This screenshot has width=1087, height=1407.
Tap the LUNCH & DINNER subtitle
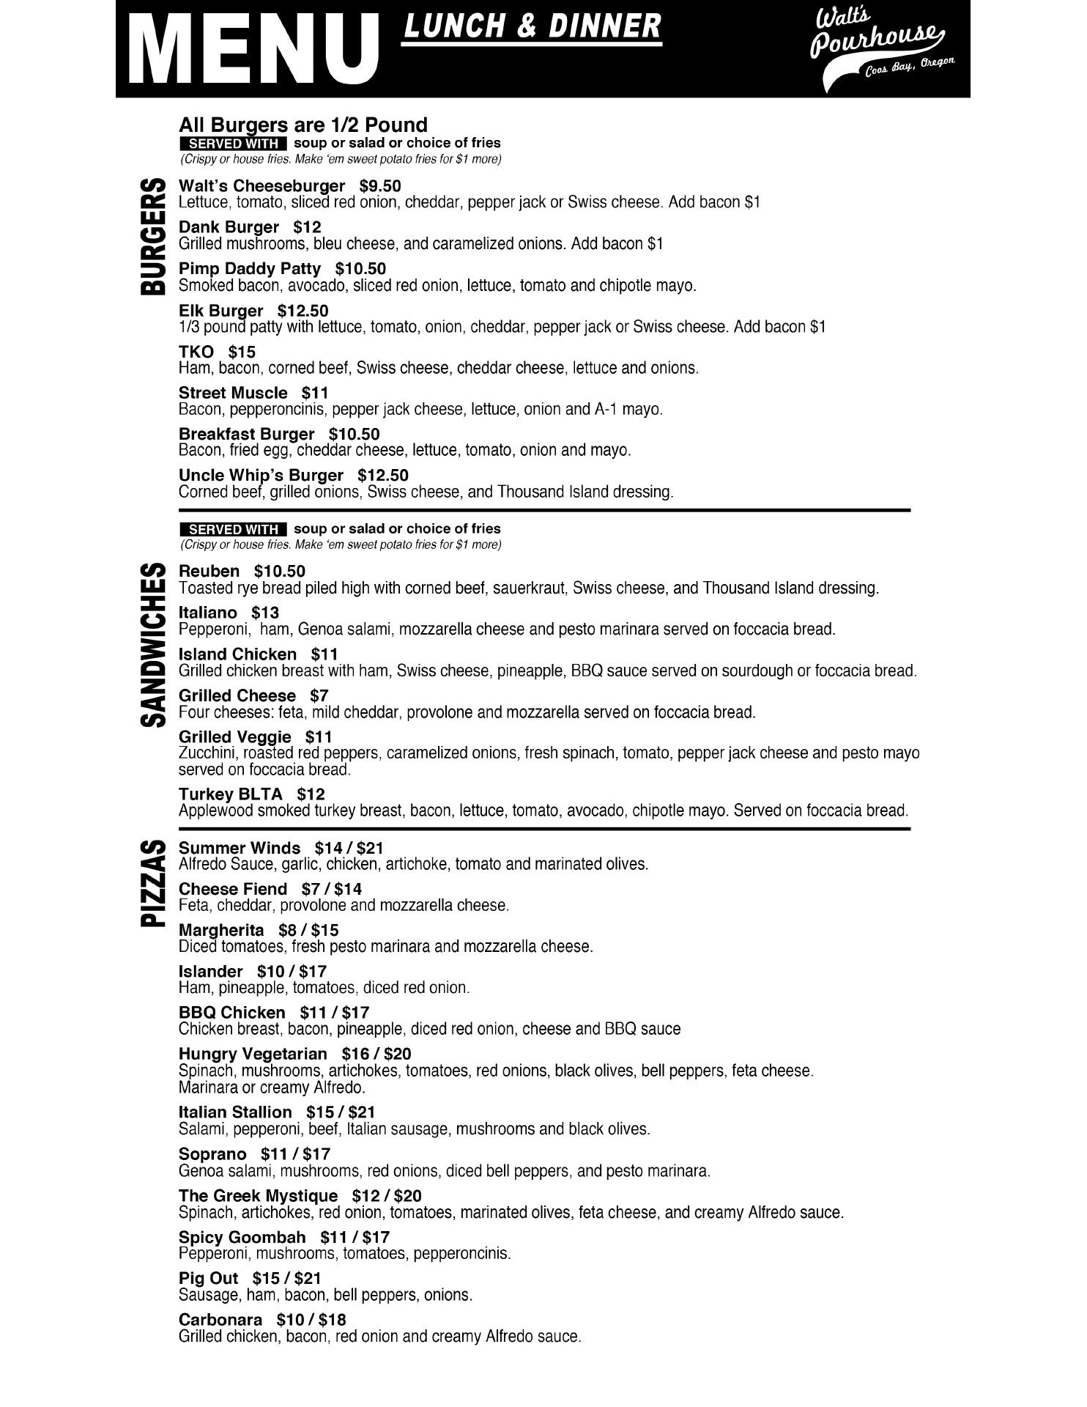tap(532, 27)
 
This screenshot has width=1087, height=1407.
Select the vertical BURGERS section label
tap(153, 236)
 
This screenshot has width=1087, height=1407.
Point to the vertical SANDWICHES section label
tap(153, 645)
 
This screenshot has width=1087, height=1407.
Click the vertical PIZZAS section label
tap(153, 884)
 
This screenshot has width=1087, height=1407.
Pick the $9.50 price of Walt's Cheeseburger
tap(380, 186)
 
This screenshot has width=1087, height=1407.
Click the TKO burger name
tap(196, 352)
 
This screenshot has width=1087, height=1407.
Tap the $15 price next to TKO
tap(242, 352)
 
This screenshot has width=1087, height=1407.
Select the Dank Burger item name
tap(229, 227)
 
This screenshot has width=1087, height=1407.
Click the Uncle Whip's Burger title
tap(261, 475)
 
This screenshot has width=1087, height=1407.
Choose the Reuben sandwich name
tap(209, 571)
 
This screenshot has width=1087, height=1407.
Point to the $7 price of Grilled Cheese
tap(319, 695)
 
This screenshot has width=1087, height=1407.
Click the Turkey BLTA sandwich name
tap(230, 794)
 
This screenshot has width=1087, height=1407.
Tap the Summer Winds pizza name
tap(240, 848)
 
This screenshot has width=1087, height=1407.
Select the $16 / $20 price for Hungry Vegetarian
tap(387, 1054)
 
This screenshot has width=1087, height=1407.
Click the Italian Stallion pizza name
tap(235, 1112)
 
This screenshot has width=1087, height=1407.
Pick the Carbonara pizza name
tap(220, 1319)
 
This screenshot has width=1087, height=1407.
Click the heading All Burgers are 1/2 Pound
tap(303, 125)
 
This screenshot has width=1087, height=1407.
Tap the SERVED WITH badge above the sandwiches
tap(233, 529)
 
